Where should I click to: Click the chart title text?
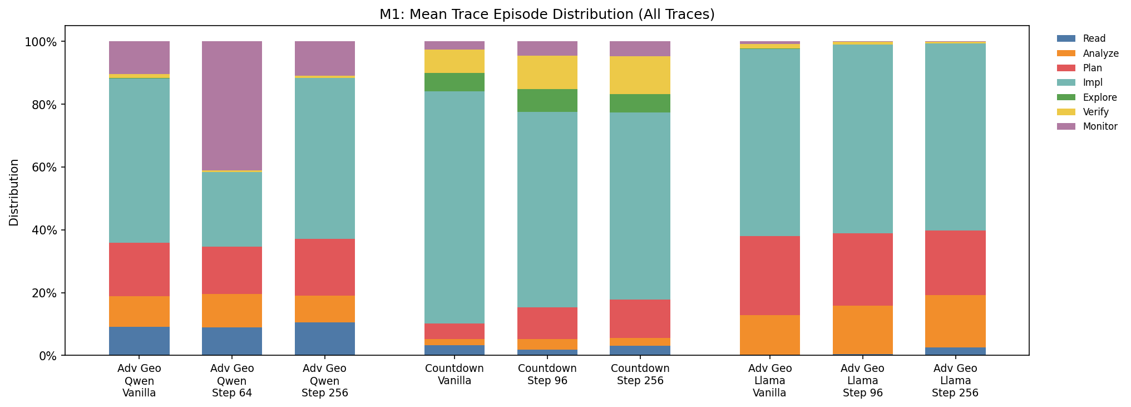pyautogui.click(x=547, y=14)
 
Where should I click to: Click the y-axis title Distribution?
pyautogui.click(x=14, y=192)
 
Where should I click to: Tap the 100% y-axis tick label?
pyautogui.click(x=40, y=42)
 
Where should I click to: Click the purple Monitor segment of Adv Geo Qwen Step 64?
pyautogui.click(x=232, y=106)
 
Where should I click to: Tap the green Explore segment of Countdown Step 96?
pyautogui.click(x=547, y=101)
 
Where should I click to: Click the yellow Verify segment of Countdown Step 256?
pyautogui.click(x=640, y=75)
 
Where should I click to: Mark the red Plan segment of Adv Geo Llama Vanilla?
pyautogui.click(x=770, y=276)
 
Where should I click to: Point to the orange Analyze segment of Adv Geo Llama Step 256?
pyautogui.click(x=955, y=321)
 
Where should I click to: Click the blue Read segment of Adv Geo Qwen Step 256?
pyautogui.click(x=325, y=339)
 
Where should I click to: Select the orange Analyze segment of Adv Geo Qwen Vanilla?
pyautogui.click(x=139, y=312)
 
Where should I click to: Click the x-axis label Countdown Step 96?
pyautogui.click(x=547, y=375)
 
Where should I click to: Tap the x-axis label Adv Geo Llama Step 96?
pyautogui.click(x=862, y=381)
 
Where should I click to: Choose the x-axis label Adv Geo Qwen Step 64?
pyautogui.click(x=232, y=381)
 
